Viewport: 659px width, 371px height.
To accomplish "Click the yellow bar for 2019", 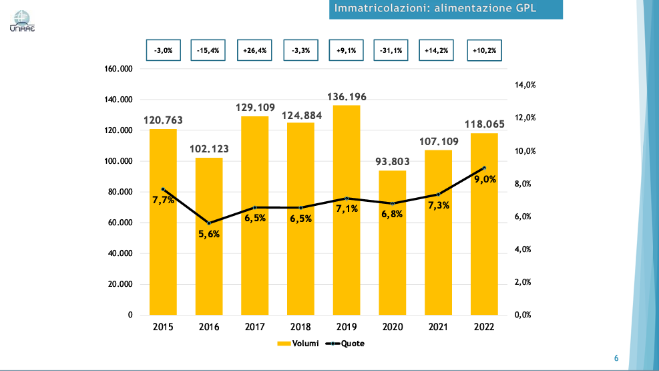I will [x=347, y=254].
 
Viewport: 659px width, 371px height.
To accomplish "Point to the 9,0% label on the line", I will [x=485, y=179].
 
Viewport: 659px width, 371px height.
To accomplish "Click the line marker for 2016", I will [x=209, y=223].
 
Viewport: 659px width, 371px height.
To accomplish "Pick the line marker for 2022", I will [x=484, y=168].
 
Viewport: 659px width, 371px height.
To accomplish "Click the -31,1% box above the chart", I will [x=392, y=50].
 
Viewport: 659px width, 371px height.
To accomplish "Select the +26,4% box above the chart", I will [x=255, y=50].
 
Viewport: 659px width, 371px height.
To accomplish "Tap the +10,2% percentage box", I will [x=484, y=50].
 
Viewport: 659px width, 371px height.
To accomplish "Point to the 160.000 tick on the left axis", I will [x=119, y=69].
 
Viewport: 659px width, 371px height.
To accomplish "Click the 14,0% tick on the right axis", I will [x=525, y=86].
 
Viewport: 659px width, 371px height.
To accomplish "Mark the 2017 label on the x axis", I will [x=255, y=327].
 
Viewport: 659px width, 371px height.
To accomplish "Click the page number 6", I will [x=616, y=359].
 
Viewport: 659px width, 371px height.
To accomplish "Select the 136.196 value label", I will [x=347, y=97].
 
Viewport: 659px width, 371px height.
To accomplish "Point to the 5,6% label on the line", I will [x=209, y=234].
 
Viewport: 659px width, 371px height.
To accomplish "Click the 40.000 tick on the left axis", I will [x=120, y=253].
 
